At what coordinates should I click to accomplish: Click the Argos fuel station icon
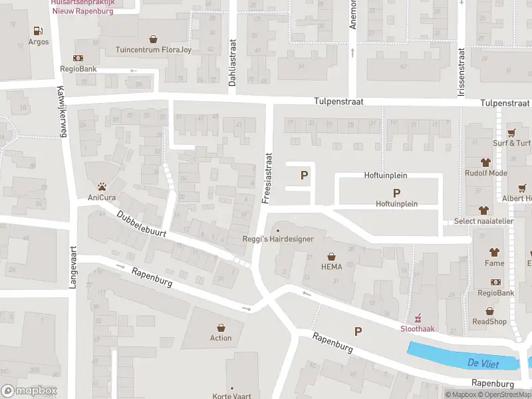(x=39, y=31)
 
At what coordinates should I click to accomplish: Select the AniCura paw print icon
(x=102, y=186)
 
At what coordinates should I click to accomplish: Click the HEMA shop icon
(x=331, y=256)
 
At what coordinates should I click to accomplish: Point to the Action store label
(x=221, y=338)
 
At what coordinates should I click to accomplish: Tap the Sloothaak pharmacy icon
(x=418, y=317)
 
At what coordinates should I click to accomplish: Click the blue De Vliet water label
(x=482, y=362)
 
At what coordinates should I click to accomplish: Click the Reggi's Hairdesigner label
(x=277, y=239)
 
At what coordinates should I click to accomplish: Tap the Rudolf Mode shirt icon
(x=485, y=162)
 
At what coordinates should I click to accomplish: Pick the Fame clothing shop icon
(x=494, y=252)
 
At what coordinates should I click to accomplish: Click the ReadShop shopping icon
(x=489, y=311)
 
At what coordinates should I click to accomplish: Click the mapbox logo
(x=29, y=391)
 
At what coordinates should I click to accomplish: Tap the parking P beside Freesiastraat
(x=305, y=176)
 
